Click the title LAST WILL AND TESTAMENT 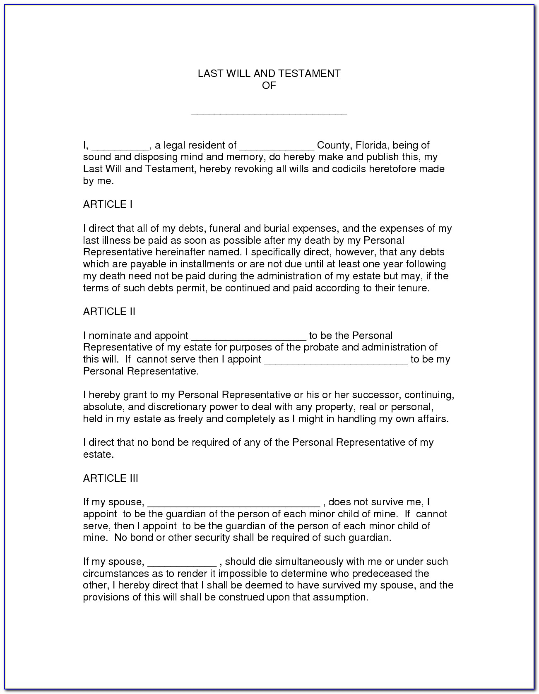point(269,74)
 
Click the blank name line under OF point(269,111)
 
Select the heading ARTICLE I point(108,204)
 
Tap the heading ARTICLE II point(109,312)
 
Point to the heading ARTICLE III point(111,478)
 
